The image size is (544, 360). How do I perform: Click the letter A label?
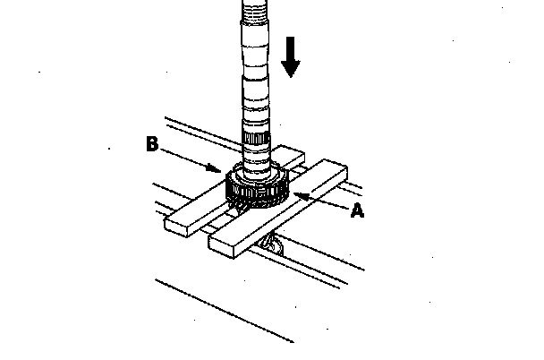pos(358,211)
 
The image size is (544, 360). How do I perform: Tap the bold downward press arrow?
pos(290,55)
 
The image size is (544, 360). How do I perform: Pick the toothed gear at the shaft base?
pos(255,188)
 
